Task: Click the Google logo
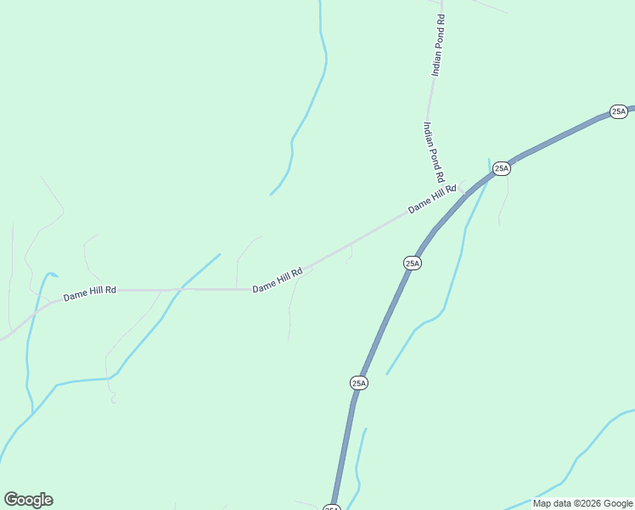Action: point(28,500)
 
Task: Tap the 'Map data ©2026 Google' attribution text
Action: point(583,503)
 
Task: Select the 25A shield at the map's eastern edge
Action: point(618,111)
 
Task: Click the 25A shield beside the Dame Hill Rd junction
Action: point(502,168)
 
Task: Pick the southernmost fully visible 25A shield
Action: point(359,383)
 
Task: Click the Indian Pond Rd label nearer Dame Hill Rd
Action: point(434,152)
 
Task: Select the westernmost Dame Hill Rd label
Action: point(89,294)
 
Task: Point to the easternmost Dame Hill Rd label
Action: point(432,199)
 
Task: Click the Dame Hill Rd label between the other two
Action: point(277,281)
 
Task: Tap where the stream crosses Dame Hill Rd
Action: point(179,289)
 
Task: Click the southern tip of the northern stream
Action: point(271,195)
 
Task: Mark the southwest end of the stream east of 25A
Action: point(387,374)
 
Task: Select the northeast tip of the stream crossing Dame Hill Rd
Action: point(220,254)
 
